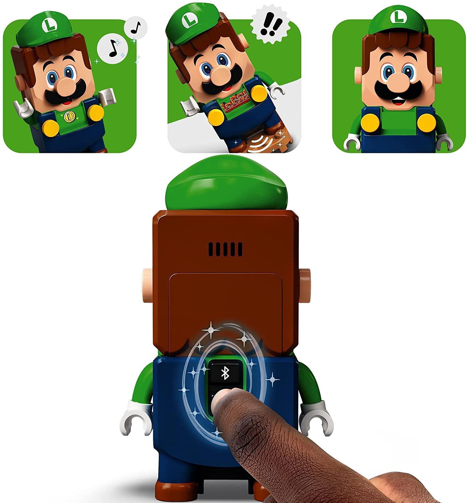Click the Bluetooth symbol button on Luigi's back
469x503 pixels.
coord(225,373)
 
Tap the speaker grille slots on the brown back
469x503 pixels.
coord(225,249)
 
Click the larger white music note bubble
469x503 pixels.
coord(113,49)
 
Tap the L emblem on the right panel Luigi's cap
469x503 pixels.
coord(399,16)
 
